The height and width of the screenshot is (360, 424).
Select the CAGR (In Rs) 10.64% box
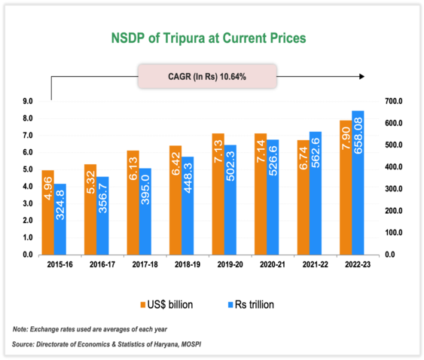(x=206, y=76)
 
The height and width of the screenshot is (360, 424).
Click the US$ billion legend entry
(x=167, y=304)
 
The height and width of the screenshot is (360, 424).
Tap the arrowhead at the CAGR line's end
(x=363, y=76)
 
